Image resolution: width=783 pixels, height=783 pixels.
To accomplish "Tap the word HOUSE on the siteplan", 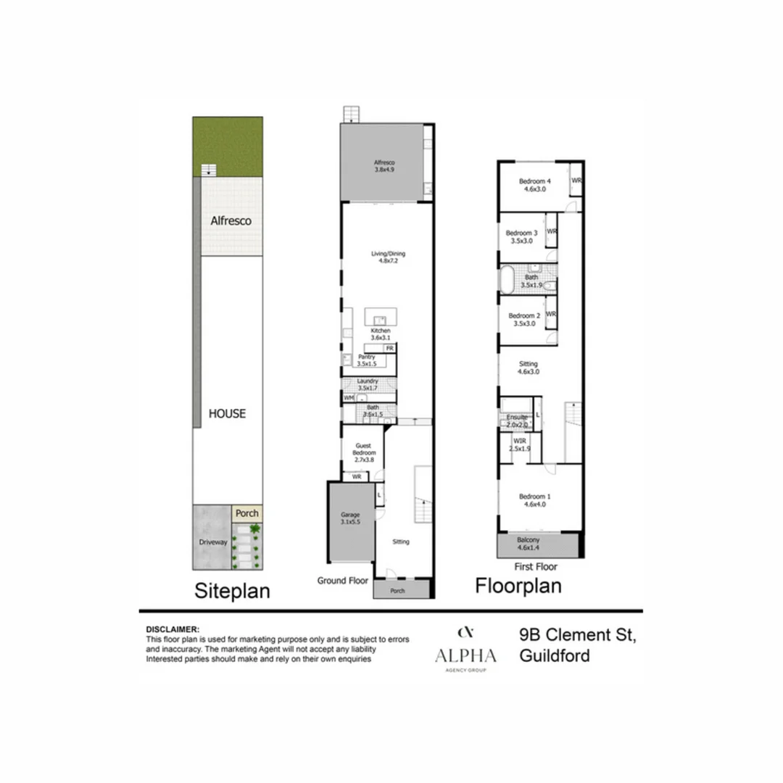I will [x=227, y=414].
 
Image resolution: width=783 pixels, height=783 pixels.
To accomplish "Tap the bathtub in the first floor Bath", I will [x=509, y=280].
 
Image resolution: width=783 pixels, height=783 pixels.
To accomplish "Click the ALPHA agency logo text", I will [x=465, y=656].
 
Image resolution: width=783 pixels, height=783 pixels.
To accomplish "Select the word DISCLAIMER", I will [x=173, y=629].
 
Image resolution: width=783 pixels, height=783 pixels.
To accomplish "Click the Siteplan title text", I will [x=232, y=591].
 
